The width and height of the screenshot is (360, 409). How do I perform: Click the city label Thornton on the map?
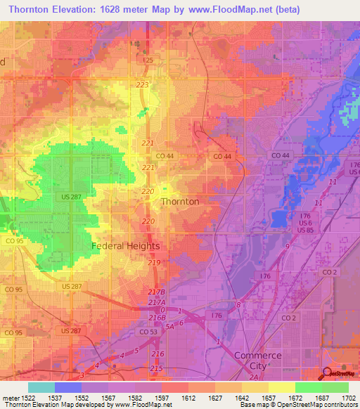point(180,201)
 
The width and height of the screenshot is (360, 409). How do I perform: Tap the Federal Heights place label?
point(126,246)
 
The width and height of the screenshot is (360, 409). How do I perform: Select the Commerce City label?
point(257,361)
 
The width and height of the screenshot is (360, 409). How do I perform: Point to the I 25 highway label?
point(148,61)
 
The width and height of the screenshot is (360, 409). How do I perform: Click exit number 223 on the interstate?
point(143,84)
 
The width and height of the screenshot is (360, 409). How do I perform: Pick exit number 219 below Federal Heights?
point(155,262)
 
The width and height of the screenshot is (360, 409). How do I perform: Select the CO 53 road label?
point(148,331)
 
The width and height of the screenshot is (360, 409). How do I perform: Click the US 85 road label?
point(304,231)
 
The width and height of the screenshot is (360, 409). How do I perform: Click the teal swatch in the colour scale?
point(41,387)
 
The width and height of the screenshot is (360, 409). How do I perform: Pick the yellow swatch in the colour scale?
point(281,387)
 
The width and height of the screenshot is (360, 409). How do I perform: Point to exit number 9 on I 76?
point(287,247)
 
